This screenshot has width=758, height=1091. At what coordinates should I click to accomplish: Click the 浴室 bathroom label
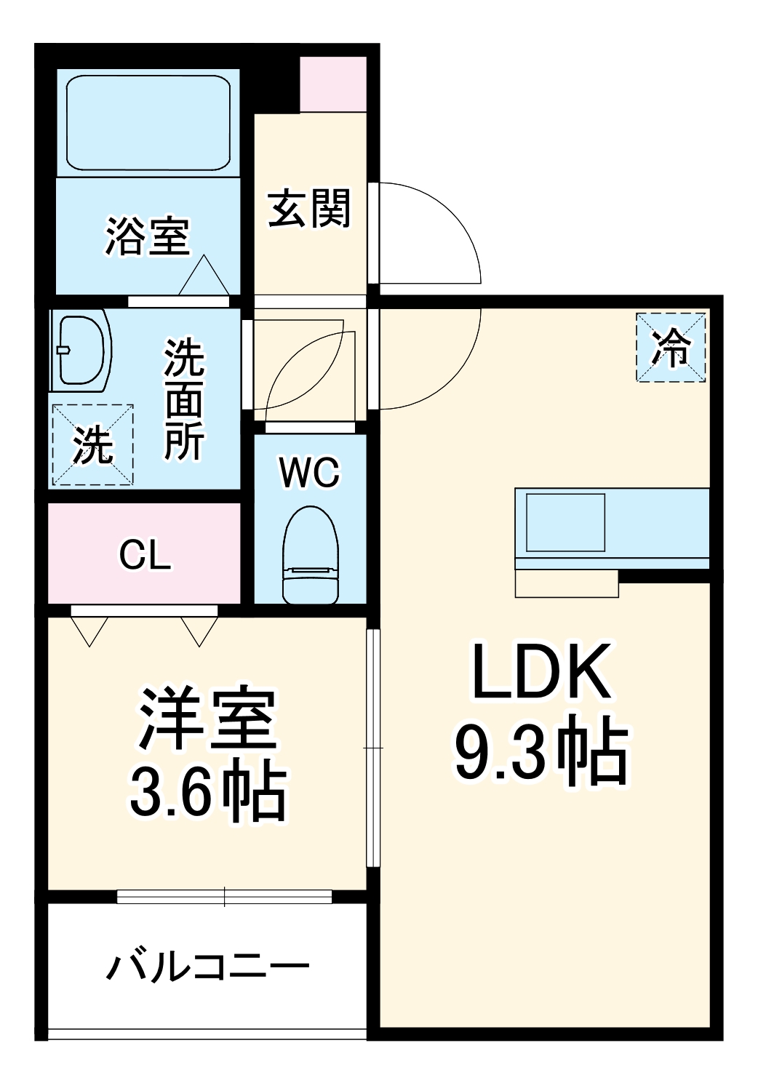tap(148, 236)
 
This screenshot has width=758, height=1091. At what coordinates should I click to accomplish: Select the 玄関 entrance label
tap(310, 209)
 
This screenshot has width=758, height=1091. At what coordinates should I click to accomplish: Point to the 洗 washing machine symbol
tap(92, 444)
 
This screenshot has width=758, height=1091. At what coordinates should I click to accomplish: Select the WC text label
tap(310, 473)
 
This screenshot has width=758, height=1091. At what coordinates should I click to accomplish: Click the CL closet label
tap(145, 556)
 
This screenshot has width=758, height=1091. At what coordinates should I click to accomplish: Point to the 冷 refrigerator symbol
tap(671, 347)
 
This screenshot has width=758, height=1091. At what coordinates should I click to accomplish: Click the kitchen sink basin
tap(565, 522)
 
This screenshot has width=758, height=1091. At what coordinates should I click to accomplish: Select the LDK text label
tap(541, 671)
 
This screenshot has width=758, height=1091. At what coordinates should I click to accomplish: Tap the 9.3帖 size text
tap(541, 752)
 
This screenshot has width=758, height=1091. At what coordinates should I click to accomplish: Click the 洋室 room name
tap(208, 719)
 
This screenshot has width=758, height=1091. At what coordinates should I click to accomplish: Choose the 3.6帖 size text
tap(208, 791)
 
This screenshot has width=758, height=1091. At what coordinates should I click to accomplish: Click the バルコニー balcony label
tap(208, 967)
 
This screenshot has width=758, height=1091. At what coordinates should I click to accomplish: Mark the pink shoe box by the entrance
tap(333, 84)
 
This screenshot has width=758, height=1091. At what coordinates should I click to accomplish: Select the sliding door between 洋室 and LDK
tap(373, 748)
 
